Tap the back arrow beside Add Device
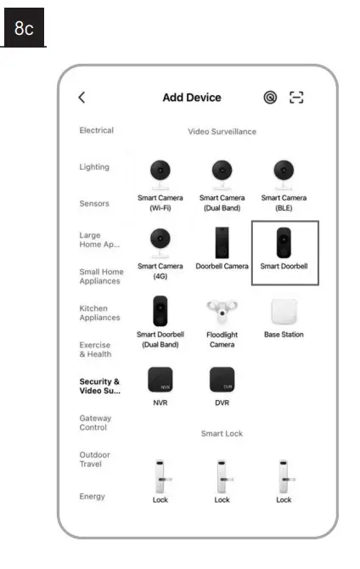click(82, 98)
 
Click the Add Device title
click(192, 98)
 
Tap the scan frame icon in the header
click(296, 98)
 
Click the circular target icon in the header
click(270, 98)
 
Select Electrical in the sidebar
click(96, 131)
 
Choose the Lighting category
click(94, 167)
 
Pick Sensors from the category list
click(93, 204)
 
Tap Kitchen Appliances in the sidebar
click(99, 313)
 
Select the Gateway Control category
click(95, 423)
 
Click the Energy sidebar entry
click(92, 496)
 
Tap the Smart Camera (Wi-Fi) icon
click(160, 173)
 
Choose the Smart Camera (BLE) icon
click(284, 173)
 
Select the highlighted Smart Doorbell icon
click(284, 243)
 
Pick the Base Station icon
click(284, 312)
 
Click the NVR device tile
click(160, 380)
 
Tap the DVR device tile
click(222, 380)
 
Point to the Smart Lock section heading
click(222, 433)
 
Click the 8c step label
click(24, 29)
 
